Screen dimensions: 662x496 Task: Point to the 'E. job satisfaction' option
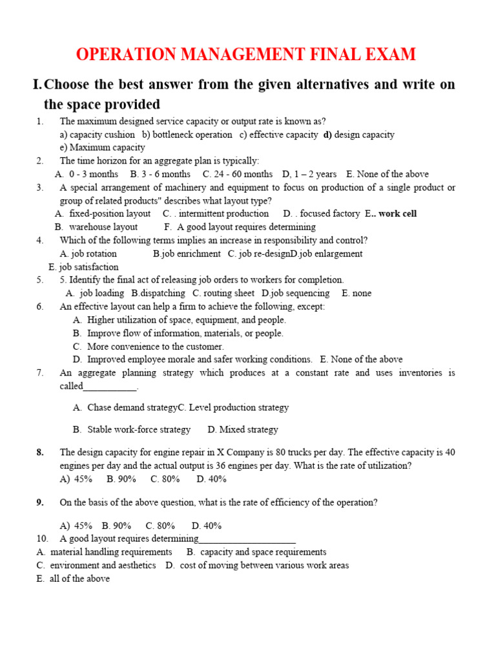point(83,267)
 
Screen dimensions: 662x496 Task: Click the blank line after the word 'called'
point(110,387)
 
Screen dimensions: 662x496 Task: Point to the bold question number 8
point(40,453)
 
